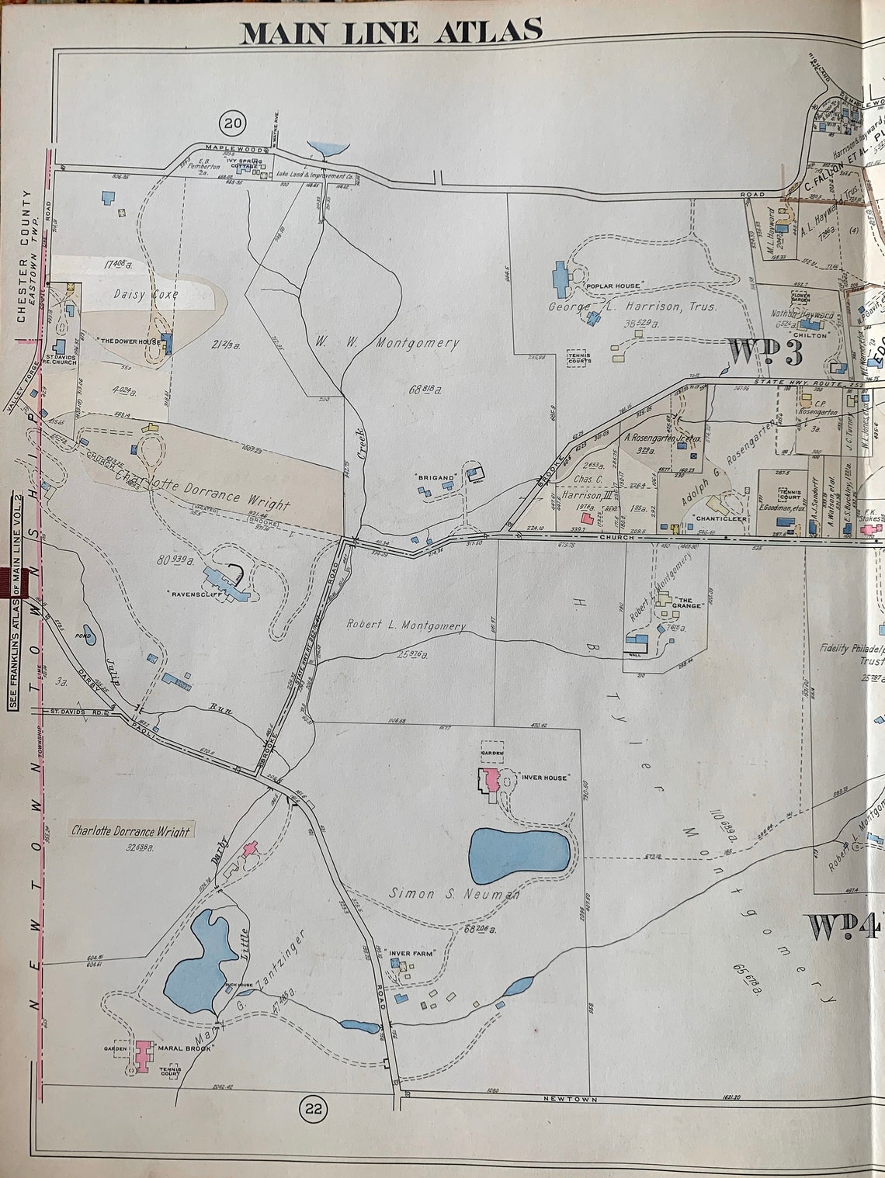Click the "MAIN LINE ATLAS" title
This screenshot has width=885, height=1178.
pos(390,31)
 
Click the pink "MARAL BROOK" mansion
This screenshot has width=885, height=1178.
pos(142,1055)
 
